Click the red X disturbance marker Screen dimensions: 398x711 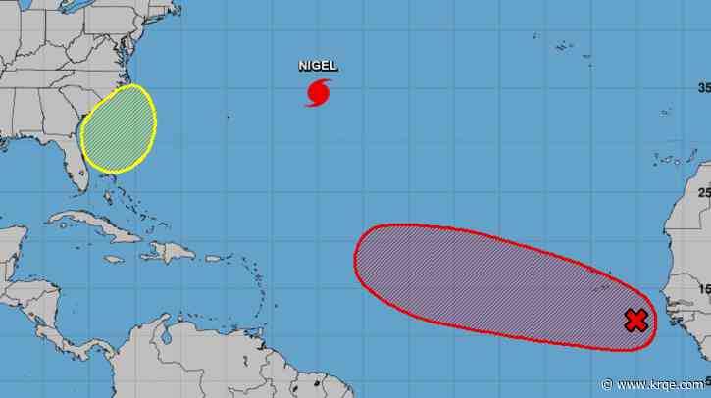pyautogui.click(x=635, y=320)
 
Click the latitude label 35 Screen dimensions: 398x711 pyautogui.click(x=702, y=87)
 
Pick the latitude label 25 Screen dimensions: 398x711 pyautogui.click(x=702, y=192)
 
